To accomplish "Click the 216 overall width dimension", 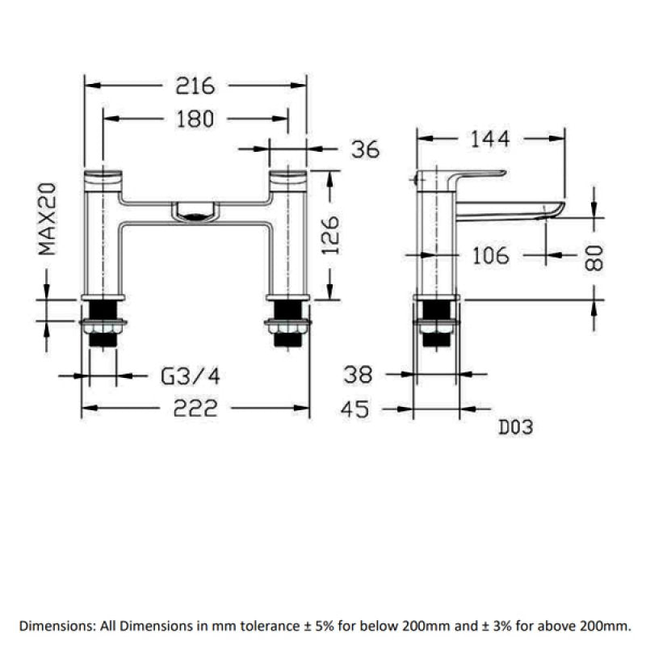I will pos(195,85).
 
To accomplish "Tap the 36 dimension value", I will pos(365,149).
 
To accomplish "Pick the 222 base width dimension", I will pos(195,409).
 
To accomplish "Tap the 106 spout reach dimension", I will pos(490,256).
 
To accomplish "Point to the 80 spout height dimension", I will pos(595,258).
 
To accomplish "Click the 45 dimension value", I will pos(355,409).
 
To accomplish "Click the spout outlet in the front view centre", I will pos(195,213).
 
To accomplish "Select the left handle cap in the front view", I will pos(103,177).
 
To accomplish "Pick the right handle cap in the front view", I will pos(289,177).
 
